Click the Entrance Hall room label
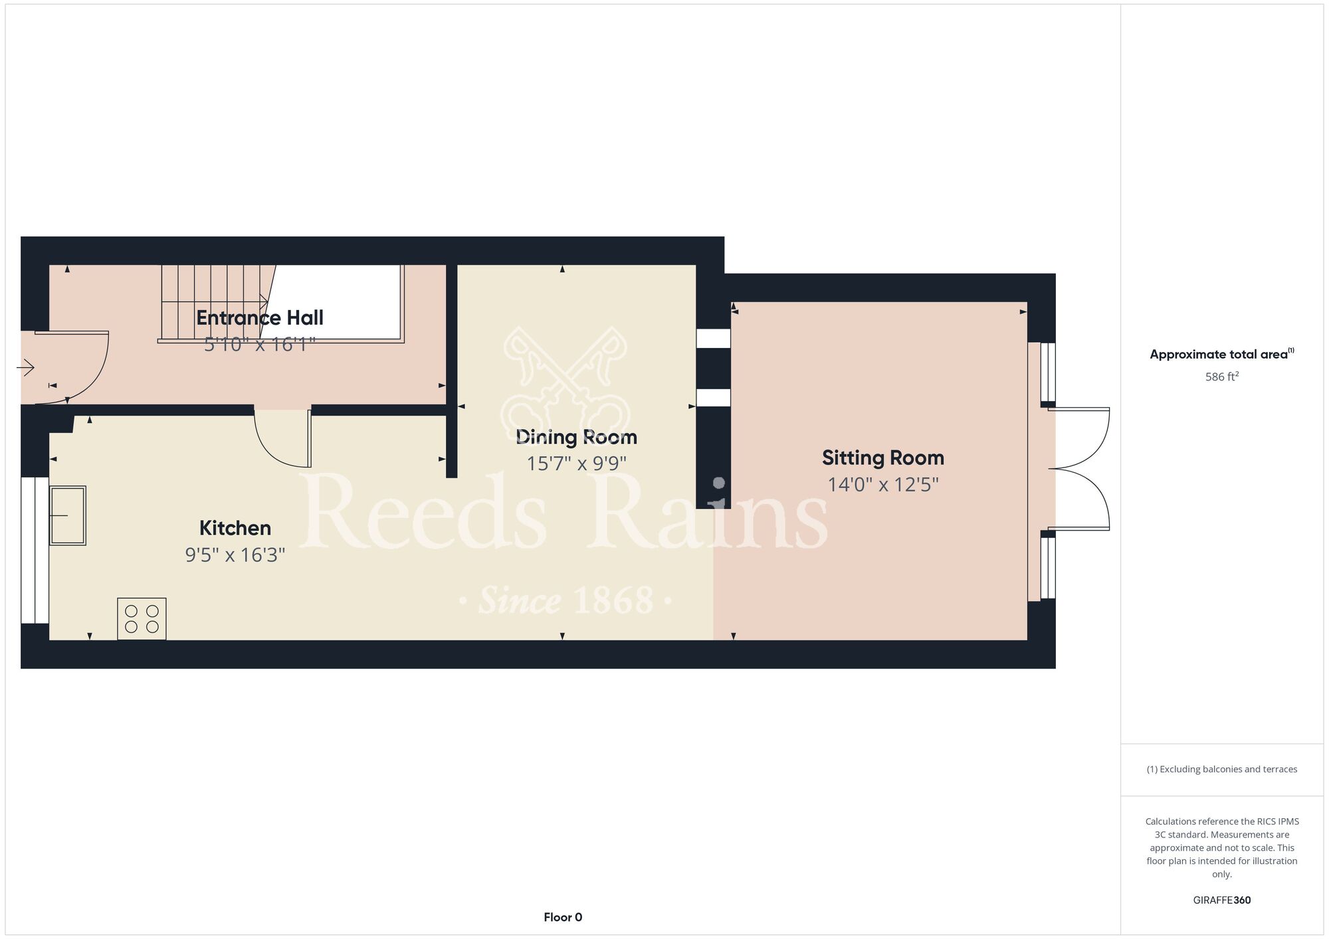[260, 318]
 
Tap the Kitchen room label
[235, 528]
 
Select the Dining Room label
[577, 437]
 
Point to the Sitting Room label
[883, 458]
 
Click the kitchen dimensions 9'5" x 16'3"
[235, 555]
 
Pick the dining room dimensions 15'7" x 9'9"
[577, 463]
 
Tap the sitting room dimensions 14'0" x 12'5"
[883, 484]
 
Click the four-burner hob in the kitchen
[142, 619]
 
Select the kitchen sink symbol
[68, 515]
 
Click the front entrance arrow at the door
[27, 367]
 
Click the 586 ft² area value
[1222, 377]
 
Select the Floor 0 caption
[563, 917]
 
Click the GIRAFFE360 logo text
[1222, 900]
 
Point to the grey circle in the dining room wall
[718, 483]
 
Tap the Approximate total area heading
[1222, 354]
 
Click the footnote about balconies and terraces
[1222, 769]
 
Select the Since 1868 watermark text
[566, 600]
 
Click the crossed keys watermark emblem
[565, 381]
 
